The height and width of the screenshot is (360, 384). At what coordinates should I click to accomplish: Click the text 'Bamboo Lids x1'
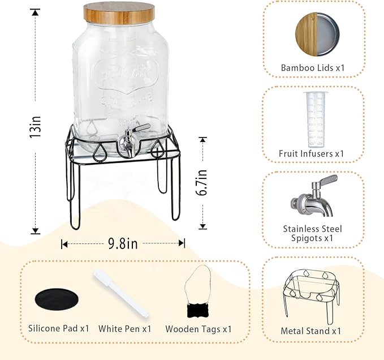click(313, 68)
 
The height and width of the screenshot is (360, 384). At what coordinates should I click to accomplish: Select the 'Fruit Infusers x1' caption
click(312, 153)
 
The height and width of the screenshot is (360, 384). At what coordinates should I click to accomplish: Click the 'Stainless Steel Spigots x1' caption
click(313, 234)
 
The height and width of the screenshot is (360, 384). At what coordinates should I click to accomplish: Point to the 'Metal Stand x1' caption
click(311, 331)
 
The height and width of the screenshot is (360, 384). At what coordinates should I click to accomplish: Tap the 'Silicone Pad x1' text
click(59, 328)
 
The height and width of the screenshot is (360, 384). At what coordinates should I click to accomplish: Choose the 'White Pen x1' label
click(124, 328)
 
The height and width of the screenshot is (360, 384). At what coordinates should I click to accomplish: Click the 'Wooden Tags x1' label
click(199, 329)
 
